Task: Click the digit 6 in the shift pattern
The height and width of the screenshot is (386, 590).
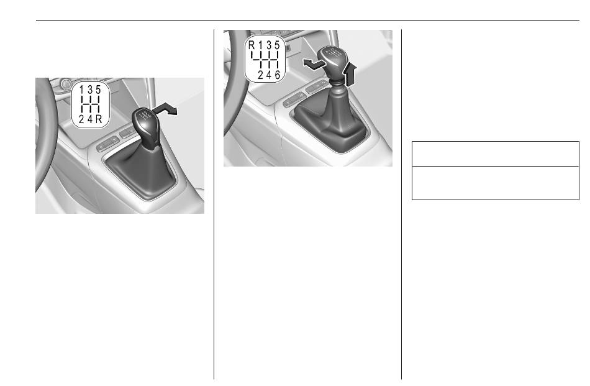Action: (278, 75)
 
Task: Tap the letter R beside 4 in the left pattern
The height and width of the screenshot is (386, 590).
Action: (99, 119)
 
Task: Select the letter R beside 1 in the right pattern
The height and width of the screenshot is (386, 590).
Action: (252, 45)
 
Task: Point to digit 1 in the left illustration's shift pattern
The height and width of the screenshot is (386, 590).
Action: (81, 90)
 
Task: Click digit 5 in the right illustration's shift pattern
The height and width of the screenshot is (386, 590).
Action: (278, 45)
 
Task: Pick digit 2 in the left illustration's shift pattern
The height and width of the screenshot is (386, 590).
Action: (81, 119)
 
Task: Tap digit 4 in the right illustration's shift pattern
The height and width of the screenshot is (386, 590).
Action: (269, 75)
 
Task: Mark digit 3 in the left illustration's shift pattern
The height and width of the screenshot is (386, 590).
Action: (90, 90)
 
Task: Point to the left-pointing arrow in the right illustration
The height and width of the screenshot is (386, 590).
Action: (314, 65)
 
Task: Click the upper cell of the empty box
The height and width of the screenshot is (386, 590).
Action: (495, 154)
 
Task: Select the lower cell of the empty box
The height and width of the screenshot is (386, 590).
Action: (495, 183)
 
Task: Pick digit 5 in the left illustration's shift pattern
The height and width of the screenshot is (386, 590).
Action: (98, 90)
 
